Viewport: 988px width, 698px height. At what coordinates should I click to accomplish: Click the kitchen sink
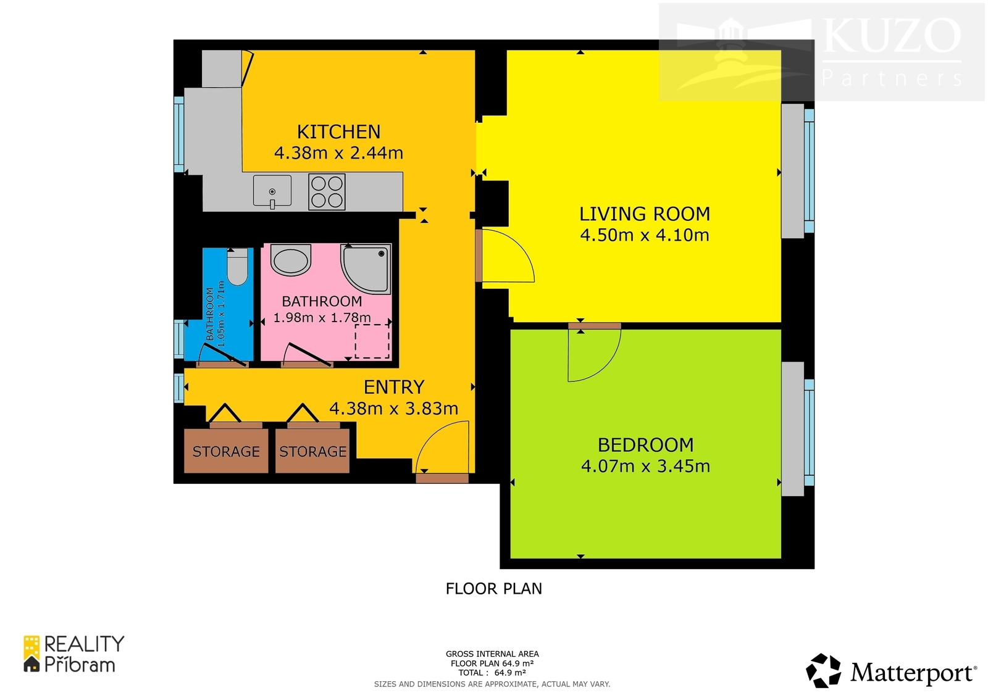coord(272,191)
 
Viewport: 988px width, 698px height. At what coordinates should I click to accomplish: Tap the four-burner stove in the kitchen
coord(327,192)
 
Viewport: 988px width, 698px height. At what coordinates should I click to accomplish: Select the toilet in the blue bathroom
coord(237,267)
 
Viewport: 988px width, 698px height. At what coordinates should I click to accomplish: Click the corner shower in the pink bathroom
coord(366,268)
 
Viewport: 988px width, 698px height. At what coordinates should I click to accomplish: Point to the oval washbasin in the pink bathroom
coord(291,260)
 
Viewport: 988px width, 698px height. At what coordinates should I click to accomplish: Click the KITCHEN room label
coord(338,132)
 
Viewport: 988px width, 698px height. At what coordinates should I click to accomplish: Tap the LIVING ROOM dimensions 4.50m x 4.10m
coord(645,235)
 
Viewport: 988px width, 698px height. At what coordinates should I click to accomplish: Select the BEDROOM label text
coord(645,445)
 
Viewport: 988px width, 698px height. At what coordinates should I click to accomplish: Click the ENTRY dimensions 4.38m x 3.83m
coord(393,409)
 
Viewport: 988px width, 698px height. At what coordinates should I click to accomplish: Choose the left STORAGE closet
coord(226,451)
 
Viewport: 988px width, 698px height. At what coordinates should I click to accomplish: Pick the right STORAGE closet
coord(312,451)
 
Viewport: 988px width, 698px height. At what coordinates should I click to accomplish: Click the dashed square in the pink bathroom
coord(372,342)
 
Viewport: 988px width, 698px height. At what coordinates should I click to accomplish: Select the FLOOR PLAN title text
coord(493,589)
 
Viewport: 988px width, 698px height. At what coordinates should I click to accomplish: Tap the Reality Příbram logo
coord(73,654)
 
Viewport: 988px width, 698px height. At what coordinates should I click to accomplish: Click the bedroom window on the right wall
coord(809,432)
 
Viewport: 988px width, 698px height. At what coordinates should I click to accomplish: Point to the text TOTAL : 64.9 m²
coord(492,673)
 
